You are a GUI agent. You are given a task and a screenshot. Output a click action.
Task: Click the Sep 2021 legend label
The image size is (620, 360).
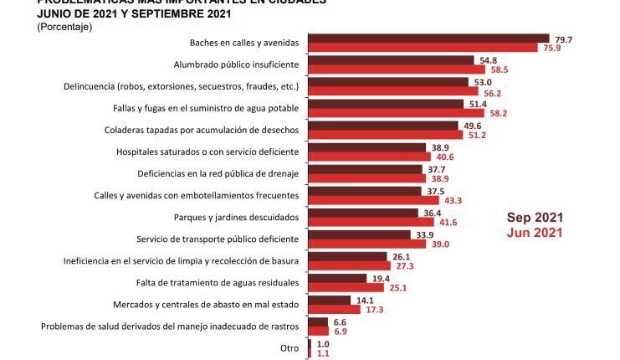[535, 217]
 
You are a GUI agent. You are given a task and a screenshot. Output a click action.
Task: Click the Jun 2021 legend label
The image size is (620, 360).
[535, 232]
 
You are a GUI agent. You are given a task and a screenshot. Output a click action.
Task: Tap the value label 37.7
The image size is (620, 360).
[437, 168]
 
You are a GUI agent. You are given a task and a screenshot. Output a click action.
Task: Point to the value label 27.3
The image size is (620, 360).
[405, 265]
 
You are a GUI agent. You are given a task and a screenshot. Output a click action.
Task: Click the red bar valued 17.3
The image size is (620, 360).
[336, 310]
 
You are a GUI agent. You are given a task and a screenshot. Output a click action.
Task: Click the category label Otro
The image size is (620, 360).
[290, 347]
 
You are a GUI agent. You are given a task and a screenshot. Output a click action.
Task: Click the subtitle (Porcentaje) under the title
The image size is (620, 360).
[64, 27]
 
